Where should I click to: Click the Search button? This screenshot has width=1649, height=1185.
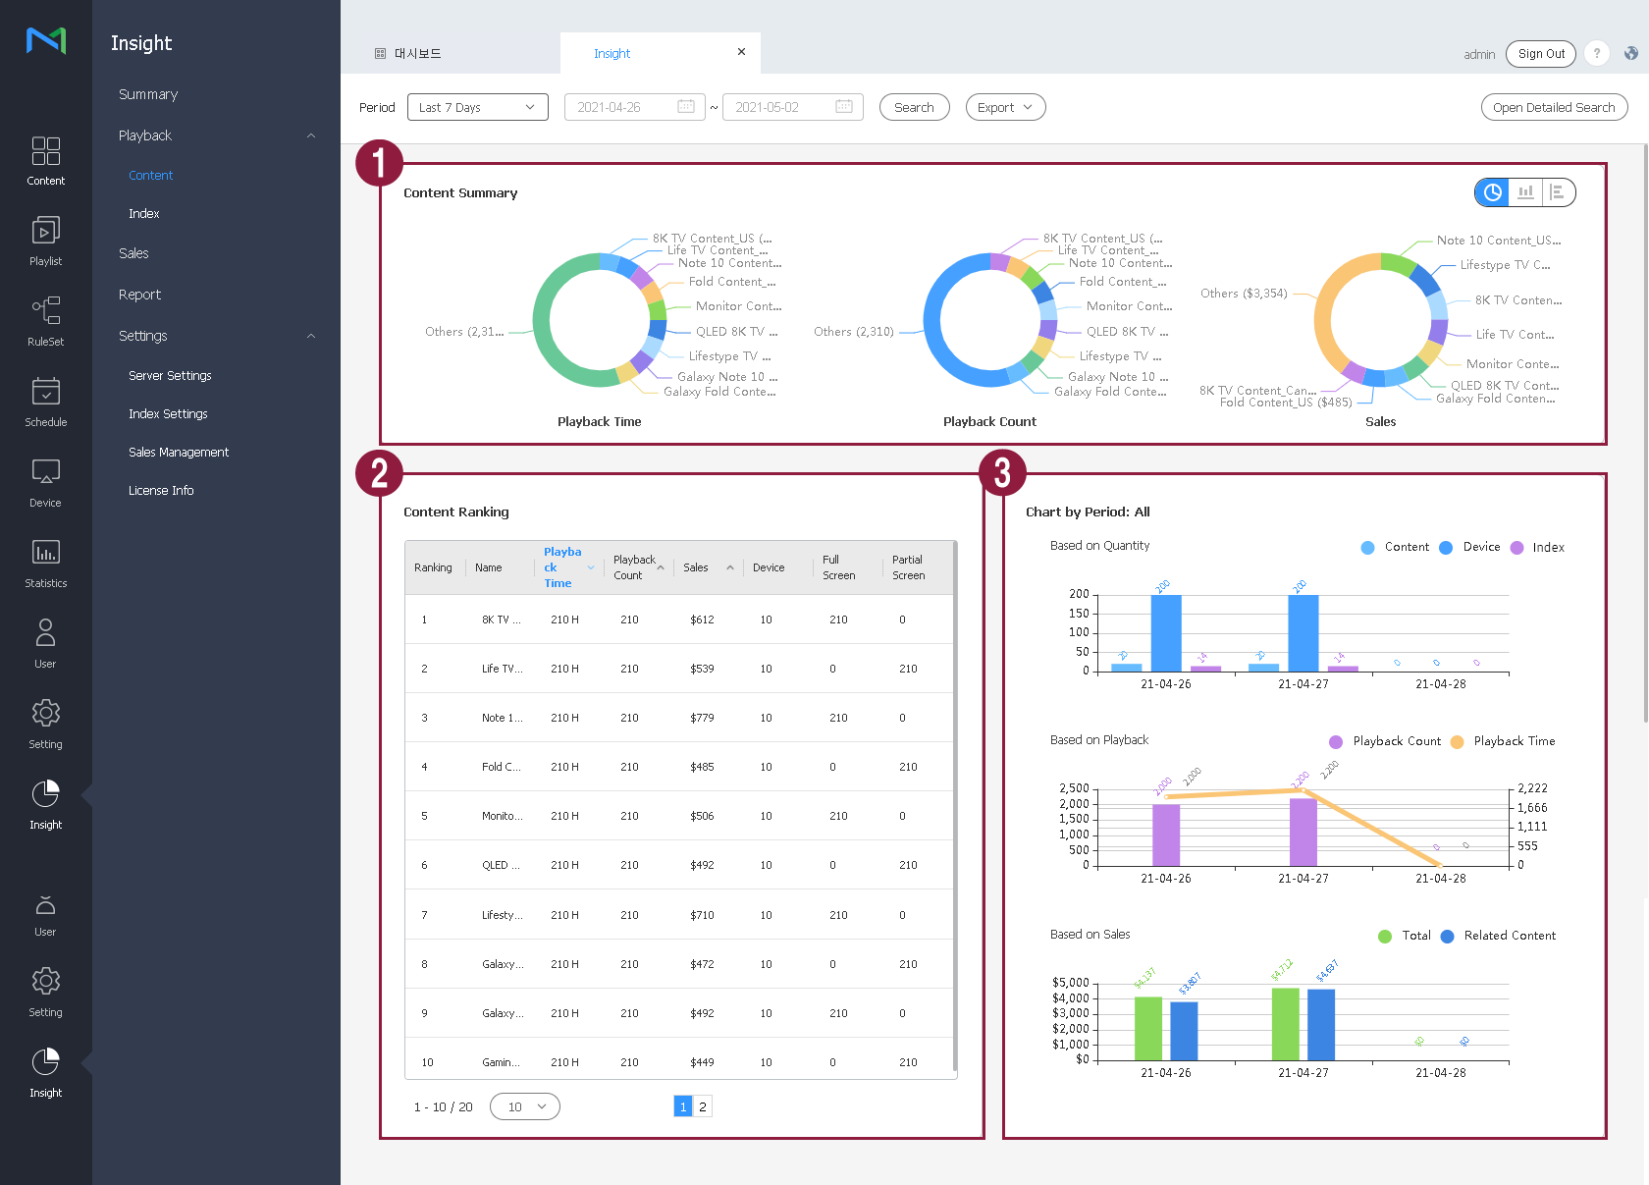pos(914,108)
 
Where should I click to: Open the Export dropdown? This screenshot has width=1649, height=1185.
pos(1005,108)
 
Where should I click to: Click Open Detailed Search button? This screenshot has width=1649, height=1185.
pos(1553,108)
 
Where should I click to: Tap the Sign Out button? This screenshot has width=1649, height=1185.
pos(1540,54)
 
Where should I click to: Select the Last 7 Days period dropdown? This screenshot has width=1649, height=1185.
pos(477,108)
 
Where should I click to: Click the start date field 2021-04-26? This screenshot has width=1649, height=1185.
pos(634,108)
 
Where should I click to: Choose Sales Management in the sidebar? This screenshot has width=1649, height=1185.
pos(179,453)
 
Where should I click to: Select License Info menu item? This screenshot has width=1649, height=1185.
pos(161,491)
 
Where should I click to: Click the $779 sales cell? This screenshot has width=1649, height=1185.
pos(702,719)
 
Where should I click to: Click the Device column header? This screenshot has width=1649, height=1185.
pos(769,568)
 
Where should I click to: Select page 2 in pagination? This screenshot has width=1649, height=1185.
pos(703,1107)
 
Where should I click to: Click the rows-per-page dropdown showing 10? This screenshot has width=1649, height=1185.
pos(525,1107)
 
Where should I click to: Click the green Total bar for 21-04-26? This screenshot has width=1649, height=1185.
pos(1147,1028)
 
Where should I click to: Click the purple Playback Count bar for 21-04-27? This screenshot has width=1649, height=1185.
pos(1303,831)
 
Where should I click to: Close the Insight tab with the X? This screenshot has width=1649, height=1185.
pos(741,52)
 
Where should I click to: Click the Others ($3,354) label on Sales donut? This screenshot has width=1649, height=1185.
pos(1244,294)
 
